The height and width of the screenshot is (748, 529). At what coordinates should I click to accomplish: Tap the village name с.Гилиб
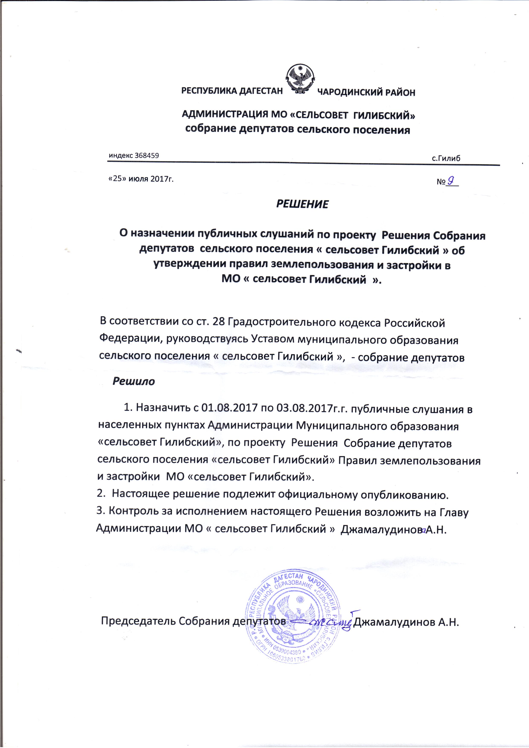click(x=446, y=159)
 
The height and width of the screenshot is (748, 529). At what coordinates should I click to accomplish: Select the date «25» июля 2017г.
click(x=141, y=179)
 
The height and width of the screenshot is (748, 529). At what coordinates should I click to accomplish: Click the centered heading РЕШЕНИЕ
click(x=302, y=204)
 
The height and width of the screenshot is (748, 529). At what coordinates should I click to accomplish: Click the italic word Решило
click(x=134, y=381)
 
